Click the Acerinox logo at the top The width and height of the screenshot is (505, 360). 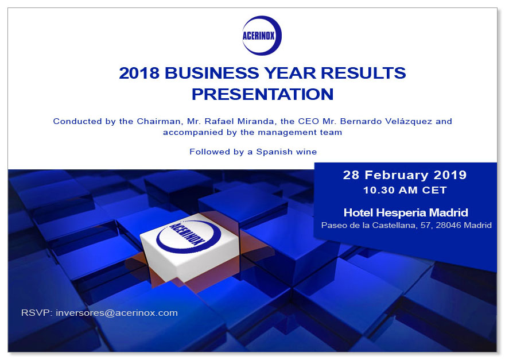[x=262, y=36]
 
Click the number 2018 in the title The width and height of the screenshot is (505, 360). [x=139, y=73]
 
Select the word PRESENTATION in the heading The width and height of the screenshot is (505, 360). [x=262, y=94]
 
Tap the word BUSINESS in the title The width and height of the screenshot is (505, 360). [x=212, y=73]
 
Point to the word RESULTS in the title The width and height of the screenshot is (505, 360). [x=363, y=73]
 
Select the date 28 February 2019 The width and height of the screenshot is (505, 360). [x=405, y=175]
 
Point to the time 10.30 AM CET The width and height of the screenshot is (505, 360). [x=405, y=190]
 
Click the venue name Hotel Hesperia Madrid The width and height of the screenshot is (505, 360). [x=406, y=212]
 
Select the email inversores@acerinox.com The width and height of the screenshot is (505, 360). [x=116, y=313]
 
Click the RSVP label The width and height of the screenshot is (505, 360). [x=37, y=313]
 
